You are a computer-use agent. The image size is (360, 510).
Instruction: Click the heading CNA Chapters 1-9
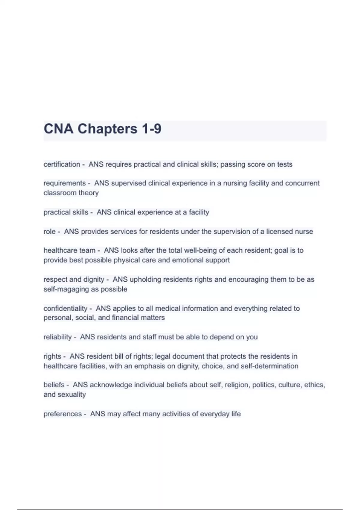click(x=103, y=129)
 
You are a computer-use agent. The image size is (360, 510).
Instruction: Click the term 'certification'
click(x=62, y=164)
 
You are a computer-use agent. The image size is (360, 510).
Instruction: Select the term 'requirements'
click(x=64, y=183)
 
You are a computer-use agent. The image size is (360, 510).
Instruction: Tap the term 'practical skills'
click(x=66, y=212)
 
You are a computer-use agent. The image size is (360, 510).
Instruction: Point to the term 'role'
click(x=49, y=232)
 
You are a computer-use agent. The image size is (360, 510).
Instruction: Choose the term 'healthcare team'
click(x=69, y=250)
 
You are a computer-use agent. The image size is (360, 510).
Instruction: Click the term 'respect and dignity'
click(x=74, y=280)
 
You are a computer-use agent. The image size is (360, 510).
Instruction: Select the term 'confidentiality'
click(x=65, y=308)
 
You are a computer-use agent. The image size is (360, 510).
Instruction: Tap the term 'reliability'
click(x=58, y=337)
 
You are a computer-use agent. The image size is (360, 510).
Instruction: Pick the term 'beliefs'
click(x=54, y=385)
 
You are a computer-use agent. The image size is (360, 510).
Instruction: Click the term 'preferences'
click(x=62, y=414)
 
